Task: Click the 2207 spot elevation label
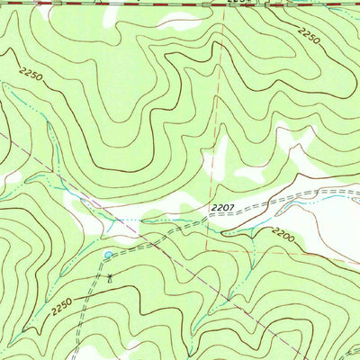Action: [225, 209]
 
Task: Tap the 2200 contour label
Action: [281, 235]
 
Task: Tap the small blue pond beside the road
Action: [109, 256]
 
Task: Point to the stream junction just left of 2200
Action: [256, 236]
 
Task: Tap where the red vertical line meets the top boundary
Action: [223, 4]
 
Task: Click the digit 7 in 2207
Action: [235, 209]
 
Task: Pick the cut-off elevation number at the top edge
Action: [236, 3]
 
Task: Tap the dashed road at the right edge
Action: [357, 191]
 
